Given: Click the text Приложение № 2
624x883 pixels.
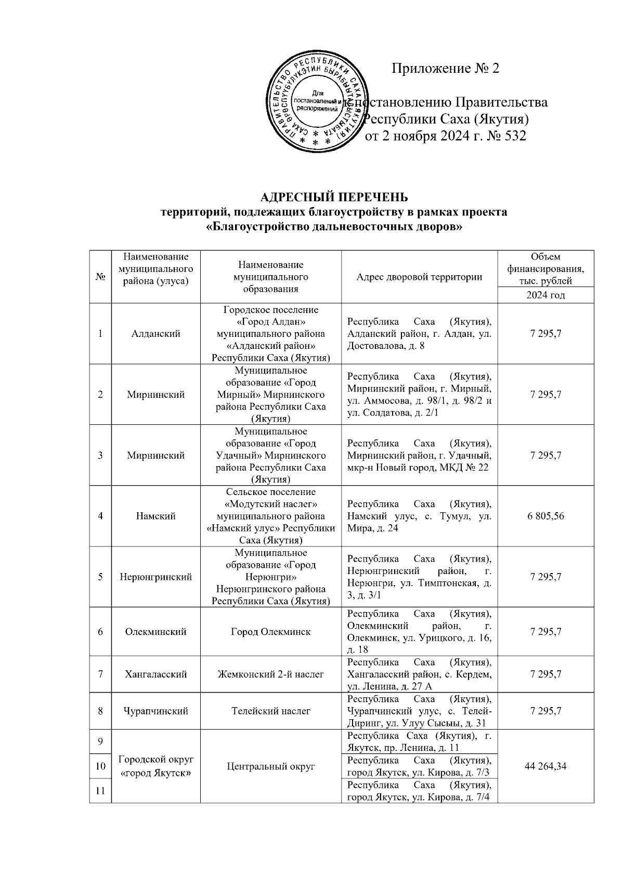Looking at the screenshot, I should point(445,69).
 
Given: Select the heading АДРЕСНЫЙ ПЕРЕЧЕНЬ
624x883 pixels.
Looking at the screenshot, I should point(334,198).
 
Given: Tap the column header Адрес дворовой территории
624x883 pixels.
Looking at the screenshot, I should point(419,277).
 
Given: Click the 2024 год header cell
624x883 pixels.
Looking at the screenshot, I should point(545,295).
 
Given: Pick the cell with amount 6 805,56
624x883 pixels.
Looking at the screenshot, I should point(545,516).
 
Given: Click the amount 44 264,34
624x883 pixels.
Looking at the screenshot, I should point(545,766).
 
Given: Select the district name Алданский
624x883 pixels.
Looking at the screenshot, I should point(155,334).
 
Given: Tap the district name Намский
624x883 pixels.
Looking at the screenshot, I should point(155,516).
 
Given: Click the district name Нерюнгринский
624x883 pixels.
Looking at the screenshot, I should point(155,577).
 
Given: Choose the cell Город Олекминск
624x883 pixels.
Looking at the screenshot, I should point(270,632).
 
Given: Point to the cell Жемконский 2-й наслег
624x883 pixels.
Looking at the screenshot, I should point(270,674).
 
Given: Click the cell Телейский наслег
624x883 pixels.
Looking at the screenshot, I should point(270,711).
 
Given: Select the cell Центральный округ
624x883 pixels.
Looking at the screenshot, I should point(270,766).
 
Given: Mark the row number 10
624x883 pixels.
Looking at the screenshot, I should point(100,766).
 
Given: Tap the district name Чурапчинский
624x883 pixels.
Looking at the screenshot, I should point(155,711).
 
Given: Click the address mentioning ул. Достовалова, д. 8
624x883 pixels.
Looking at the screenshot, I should point(419,334).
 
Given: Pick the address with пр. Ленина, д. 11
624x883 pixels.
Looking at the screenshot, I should point(419,742).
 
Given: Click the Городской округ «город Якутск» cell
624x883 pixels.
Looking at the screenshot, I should point(155,767).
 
